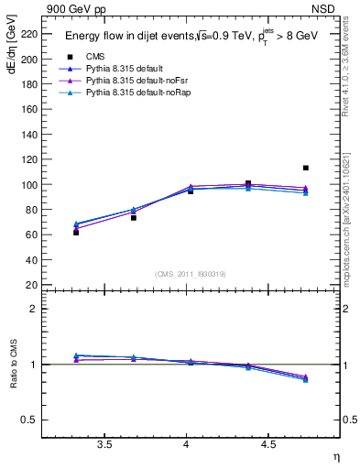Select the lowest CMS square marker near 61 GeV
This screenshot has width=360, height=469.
coord(76,233)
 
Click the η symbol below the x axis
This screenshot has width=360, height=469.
coord(335,455)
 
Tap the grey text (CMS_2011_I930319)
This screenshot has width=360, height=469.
coord(191,274)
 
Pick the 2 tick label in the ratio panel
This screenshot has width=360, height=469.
coord(35,309)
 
